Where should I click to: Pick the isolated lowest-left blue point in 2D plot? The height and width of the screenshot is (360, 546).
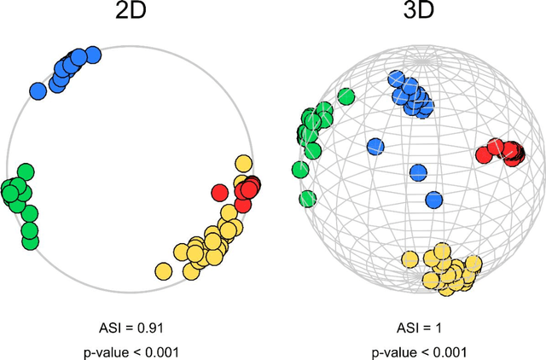[x=38, y=90]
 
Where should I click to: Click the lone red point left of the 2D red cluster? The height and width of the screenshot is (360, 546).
[x=219, y=191]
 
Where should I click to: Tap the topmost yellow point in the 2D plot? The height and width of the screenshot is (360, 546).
[x=244, y=163]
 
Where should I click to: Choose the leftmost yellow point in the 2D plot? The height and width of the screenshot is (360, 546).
[x=163, y=270]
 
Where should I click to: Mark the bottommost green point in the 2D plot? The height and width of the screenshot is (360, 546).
[x=30, y=241]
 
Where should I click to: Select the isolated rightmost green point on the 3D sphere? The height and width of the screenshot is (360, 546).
[x=346, y=96]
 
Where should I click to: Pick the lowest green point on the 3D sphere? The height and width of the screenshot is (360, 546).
[x=307, y=199]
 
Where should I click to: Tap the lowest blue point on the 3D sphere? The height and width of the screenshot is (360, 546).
[x=433, y=200]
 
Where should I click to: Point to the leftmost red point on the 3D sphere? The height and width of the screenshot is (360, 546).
[x=483, y=154]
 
